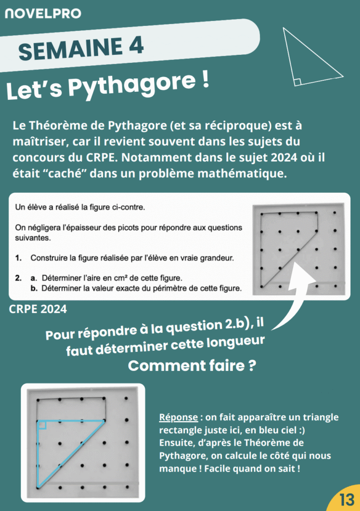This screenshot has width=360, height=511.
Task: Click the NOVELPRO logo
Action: [42, 13]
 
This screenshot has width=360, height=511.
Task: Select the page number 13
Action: [346, 500]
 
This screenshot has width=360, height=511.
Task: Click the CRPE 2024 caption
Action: [38, 309]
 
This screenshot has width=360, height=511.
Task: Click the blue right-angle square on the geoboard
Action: [42, 425]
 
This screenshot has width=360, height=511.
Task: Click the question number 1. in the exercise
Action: [18, 258]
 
